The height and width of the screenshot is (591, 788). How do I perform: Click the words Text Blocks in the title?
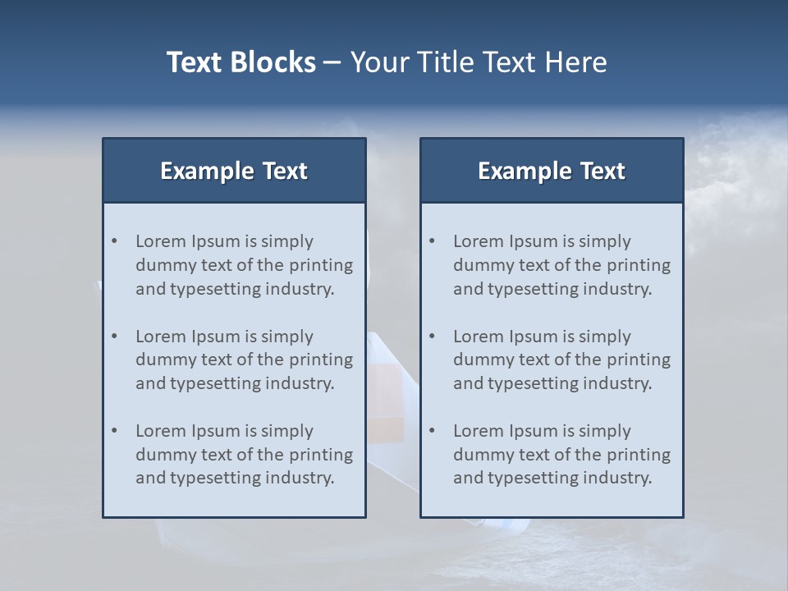(x=241, y=62)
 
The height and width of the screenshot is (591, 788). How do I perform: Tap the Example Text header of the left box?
(x=234, y=171)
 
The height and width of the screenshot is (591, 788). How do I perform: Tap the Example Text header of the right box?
(x=552, y=171)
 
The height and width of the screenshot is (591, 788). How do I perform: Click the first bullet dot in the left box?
(x=115, y=241)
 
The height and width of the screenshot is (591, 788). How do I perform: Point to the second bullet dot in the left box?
(x=115, y=337)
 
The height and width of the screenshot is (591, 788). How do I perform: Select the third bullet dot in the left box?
(x=115, y=431)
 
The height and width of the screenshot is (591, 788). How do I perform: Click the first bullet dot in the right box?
(x=433, y=241)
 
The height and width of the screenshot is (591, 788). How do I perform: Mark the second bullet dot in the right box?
(x=433, y=337)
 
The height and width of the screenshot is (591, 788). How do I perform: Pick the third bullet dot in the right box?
(x=433, y=431)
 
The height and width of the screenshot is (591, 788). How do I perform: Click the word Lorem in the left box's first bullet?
(x=161, y=241)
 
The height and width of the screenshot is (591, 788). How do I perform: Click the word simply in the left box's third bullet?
(x=287, y=431)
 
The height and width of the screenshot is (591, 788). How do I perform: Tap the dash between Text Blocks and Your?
(x=332, y=62)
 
